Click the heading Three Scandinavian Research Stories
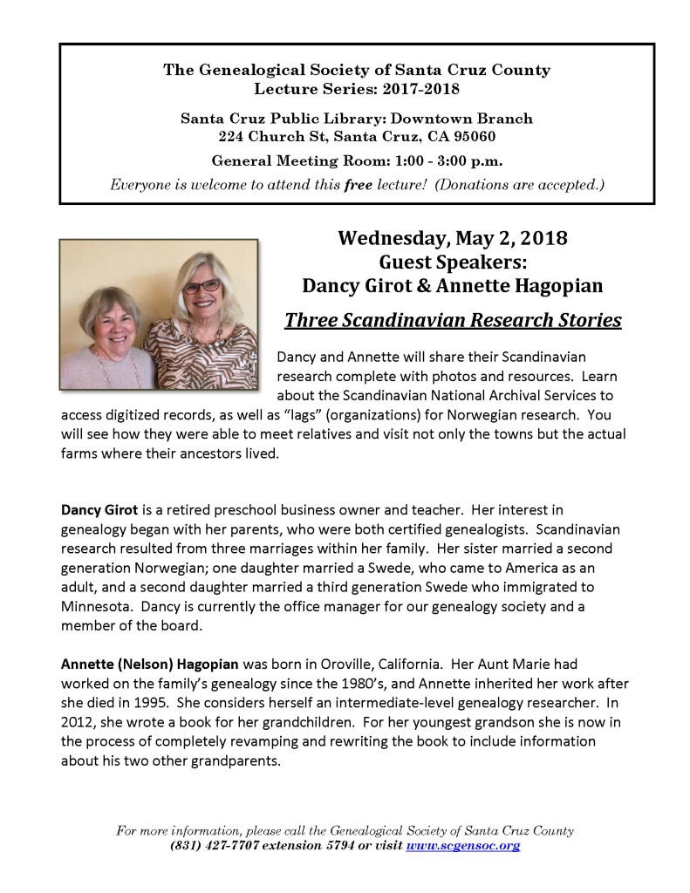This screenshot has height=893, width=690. point(453,320)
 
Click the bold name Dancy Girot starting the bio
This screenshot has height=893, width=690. point(98,508)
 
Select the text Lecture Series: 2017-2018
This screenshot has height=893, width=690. point(356,88)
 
